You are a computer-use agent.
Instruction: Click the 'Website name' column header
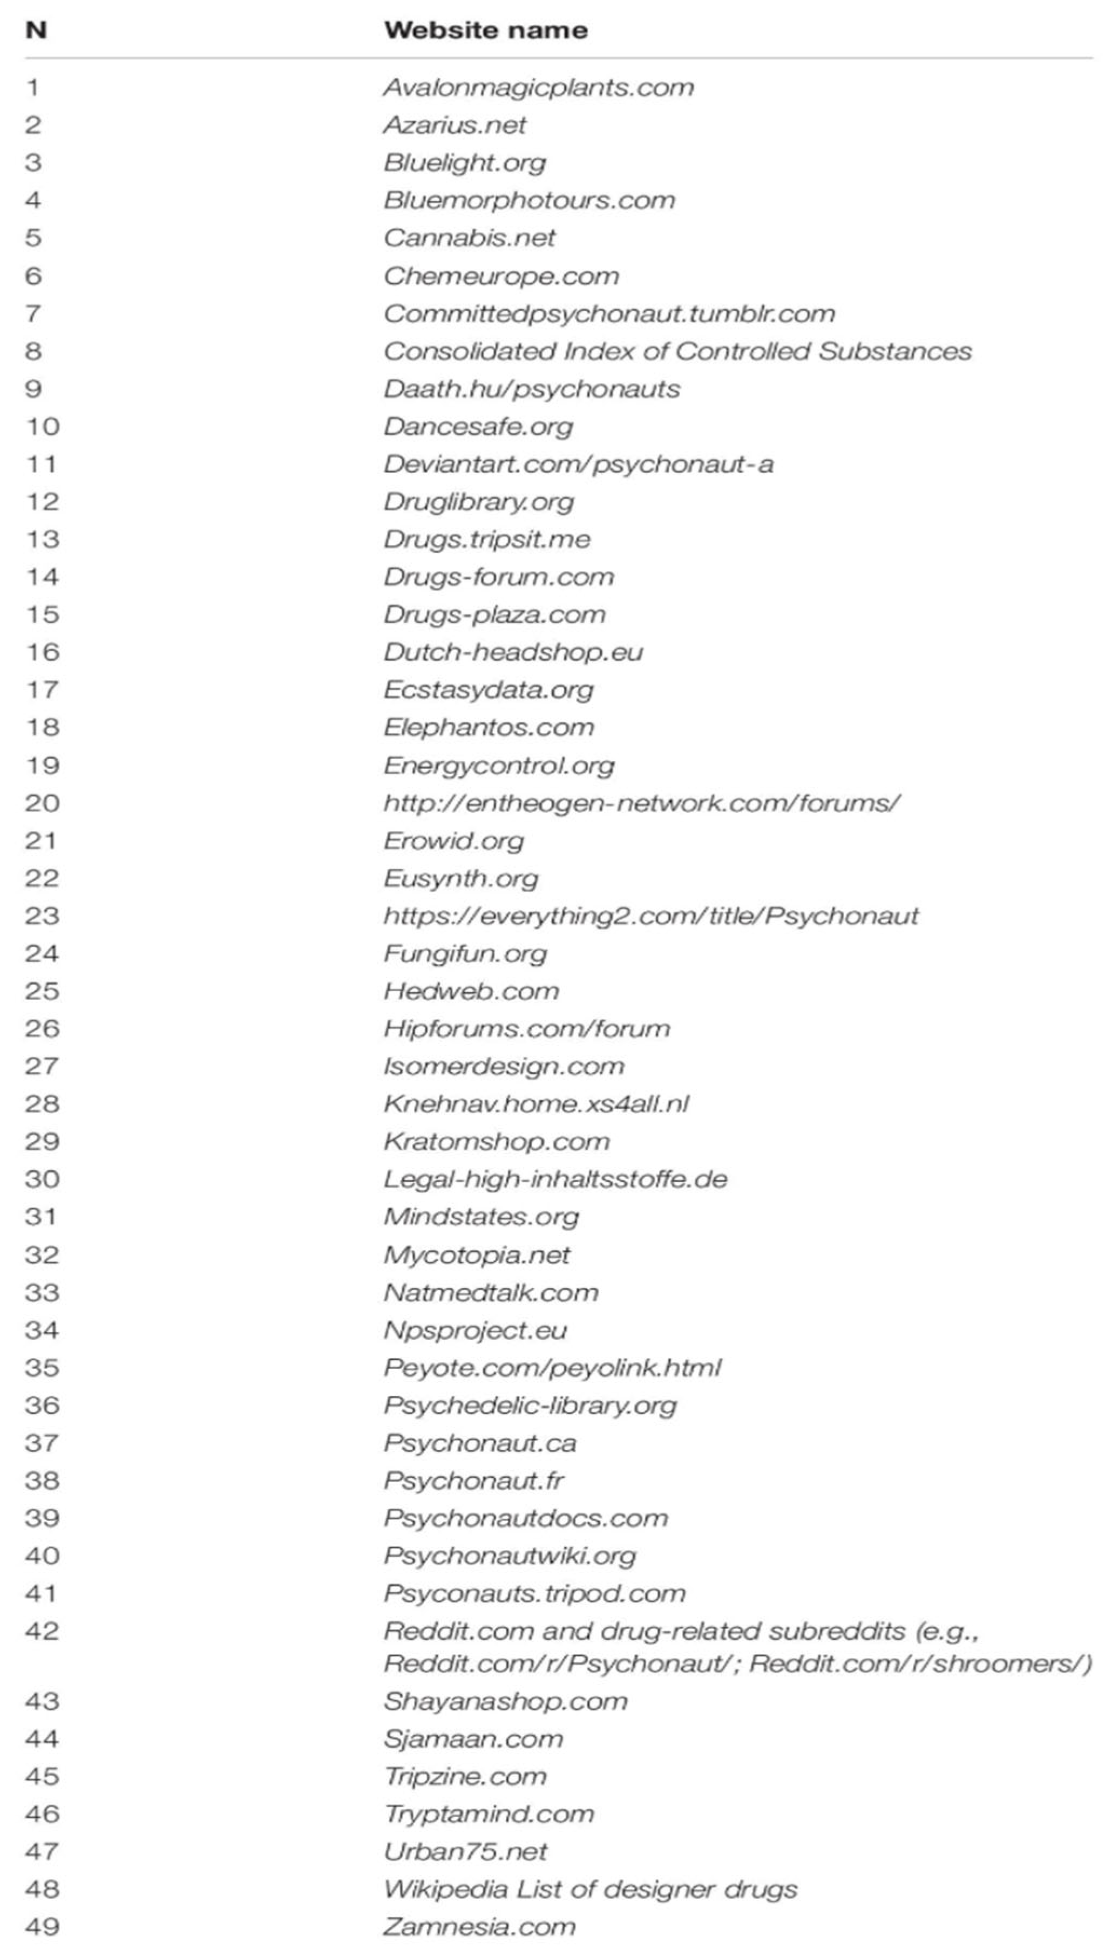486,31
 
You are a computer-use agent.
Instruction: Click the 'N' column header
36,31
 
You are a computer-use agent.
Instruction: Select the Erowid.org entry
453,840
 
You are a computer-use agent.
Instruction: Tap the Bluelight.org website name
464,162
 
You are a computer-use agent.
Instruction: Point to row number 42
42,1631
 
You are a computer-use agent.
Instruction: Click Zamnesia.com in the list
479,1926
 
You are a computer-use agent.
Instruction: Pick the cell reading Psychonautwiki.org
510,1556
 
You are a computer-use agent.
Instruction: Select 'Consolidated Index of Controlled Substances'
677,351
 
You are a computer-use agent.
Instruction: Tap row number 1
32,87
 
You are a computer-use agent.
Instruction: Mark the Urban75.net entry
465,1851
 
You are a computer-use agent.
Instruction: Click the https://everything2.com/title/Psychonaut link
650,915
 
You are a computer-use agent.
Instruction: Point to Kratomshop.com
497,1141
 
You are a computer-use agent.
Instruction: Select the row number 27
42,1066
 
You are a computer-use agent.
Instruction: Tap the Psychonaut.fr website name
473,1480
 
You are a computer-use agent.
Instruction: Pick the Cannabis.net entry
469,237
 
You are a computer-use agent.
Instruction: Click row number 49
42,1926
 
